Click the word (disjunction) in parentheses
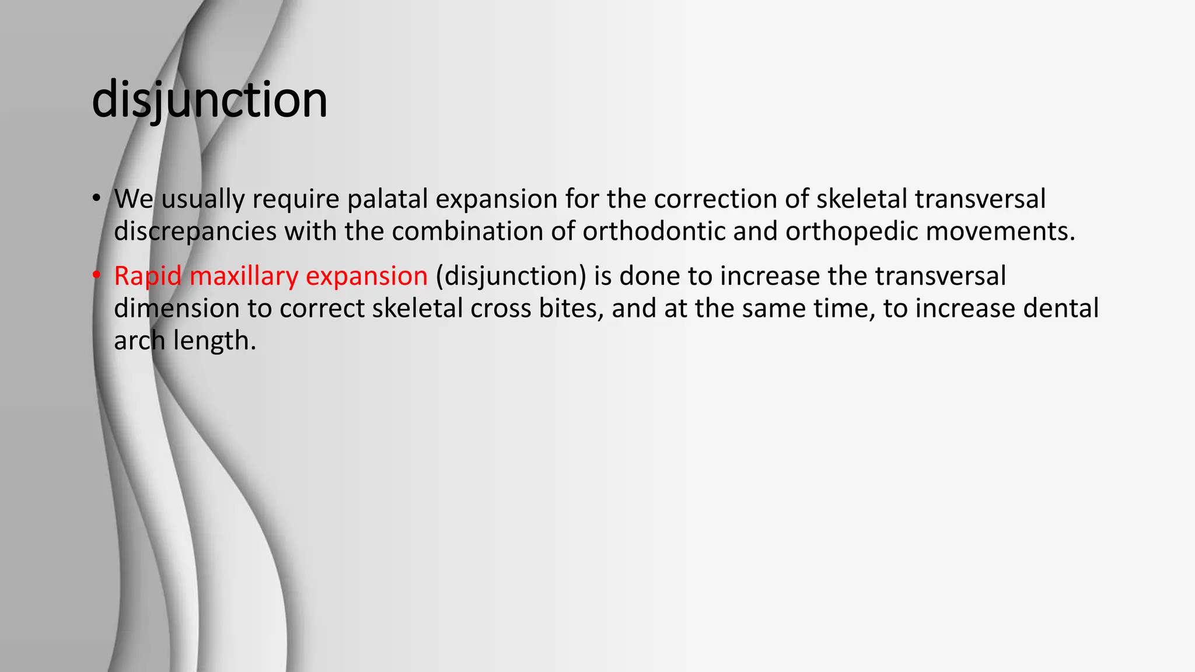tap(511, 276)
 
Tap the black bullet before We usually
tap(96, 198)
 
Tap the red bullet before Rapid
tap(96, 275)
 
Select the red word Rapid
tap(148, 276)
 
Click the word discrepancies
tap(195, 232)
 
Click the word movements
tap(1000, 232)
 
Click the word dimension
tap(176, 309)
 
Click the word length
tap(214, 341)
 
